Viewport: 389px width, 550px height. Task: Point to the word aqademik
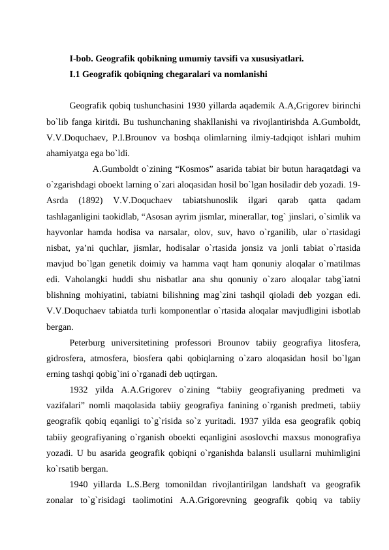pos(260,106)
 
